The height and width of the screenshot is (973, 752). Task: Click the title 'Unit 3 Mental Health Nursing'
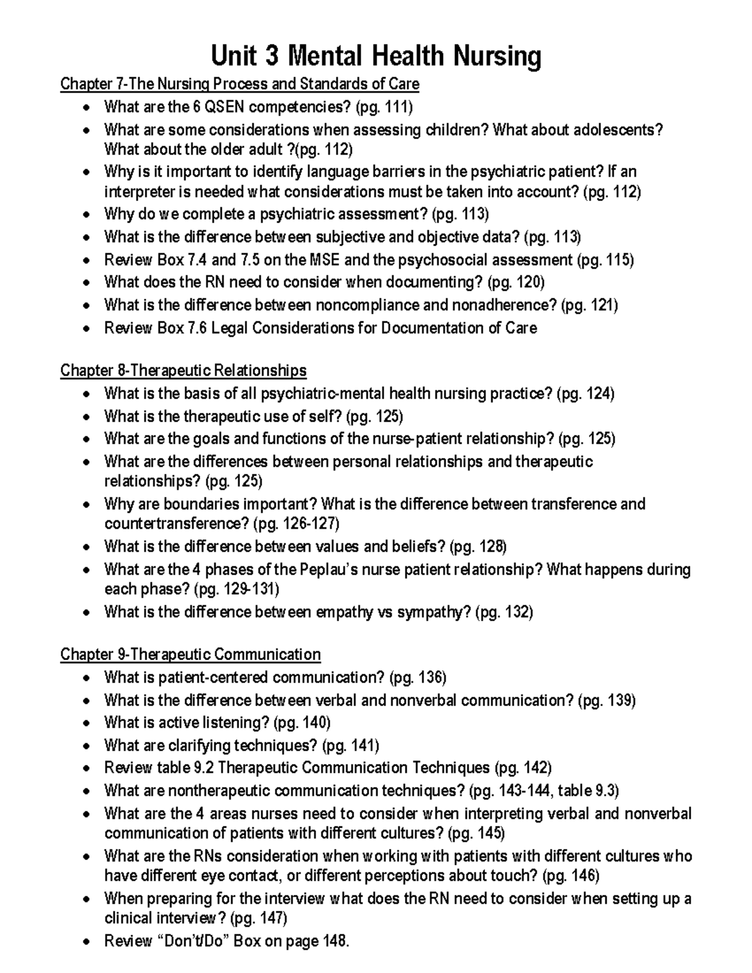click(376, 56)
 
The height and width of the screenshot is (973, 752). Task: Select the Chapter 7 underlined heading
click(239, 84)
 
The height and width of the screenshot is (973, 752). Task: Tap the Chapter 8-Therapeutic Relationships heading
click(183, 370)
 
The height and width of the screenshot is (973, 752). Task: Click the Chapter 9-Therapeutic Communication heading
click(190, 654)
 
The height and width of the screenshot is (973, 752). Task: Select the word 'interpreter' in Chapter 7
click(138, 192)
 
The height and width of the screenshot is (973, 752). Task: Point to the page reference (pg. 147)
click(259, 918)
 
